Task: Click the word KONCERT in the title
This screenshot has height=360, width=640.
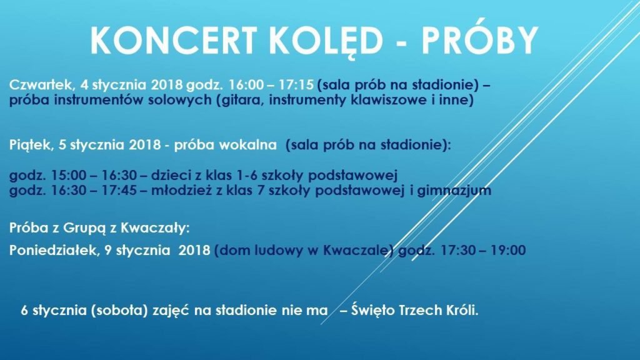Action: pyautogui.click(x=174, y=40)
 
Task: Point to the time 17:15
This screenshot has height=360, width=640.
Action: pyautogui.click(x=296, y=84)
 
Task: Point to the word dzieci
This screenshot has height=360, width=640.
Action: pyautogui.click(x=171, y=175)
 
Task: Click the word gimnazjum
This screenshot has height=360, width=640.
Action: pyautogui.click(x=454, y=191)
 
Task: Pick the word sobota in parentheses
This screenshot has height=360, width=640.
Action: pyautogui.click(x=119, y=311)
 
